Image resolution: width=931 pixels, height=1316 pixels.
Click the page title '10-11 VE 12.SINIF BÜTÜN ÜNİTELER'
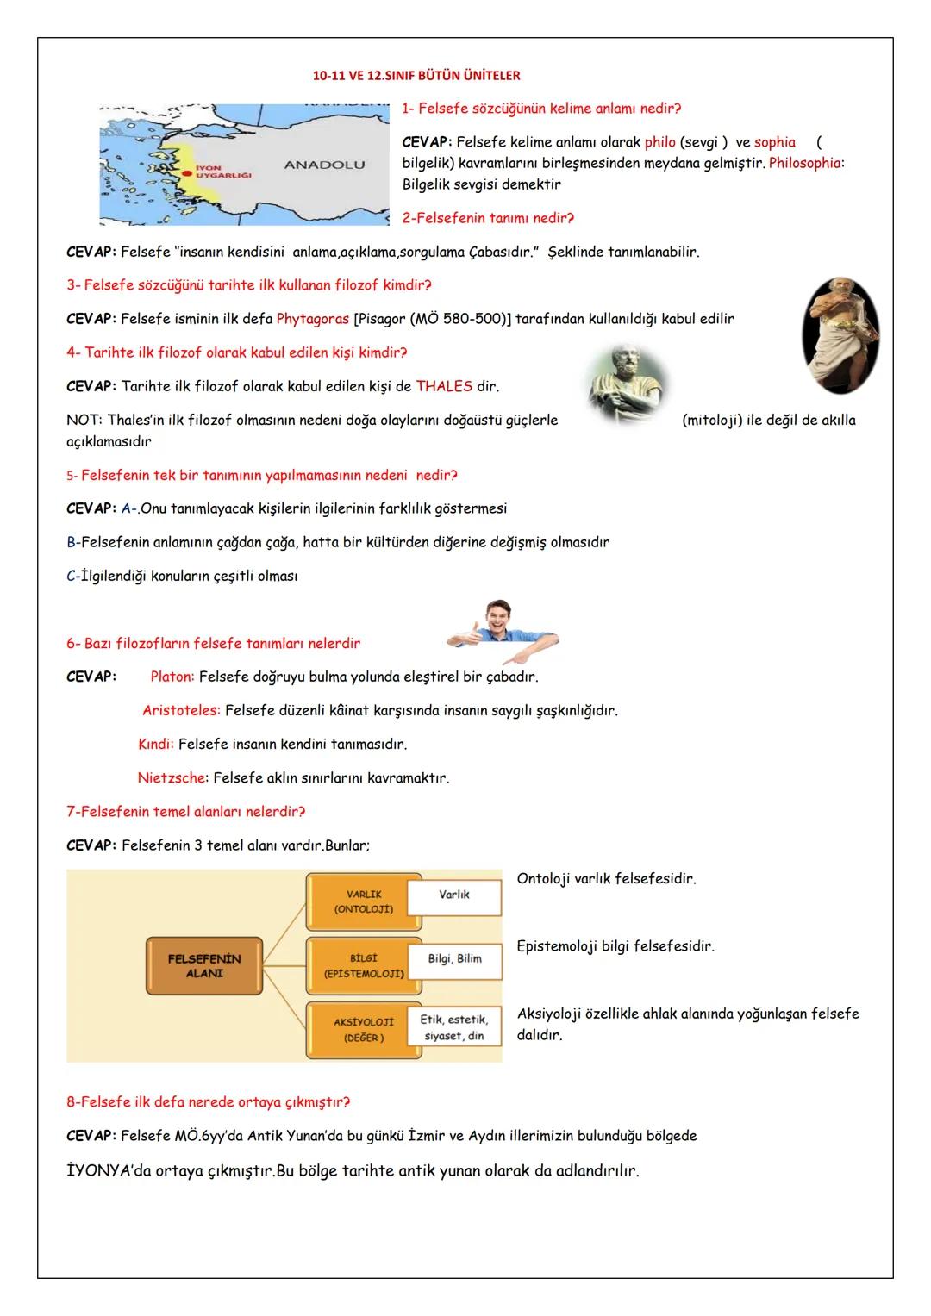pyautogui.click(x=416, y=76)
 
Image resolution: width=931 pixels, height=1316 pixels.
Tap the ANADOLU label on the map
pyautogui.click(x=324, y=165)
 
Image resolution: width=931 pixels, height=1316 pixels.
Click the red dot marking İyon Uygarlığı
pyautogui.click(x=185, y=172)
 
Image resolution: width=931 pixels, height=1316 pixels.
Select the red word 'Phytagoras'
pyautogui.click(x=312, y=319)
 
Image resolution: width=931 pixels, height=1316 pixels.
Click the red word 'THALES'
pyautogui.click(x=444, y=386)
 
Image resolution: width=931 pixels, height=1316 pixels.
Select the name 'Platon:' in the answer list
pyautogui.click(x=172, y=677)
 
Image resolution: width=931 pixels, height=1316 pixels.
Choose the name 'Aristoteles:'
pyautogui.click(x=181, y=711)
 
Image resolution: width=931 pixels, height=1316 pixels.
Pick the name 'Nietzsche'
pyautogui.click(x=172, y=778)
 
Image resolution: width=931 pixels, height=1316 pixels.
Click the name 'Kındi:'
pyautogui.click(x=156, y=744)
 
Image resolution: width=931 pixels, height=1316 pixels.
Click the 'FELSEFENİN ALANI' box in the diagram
pyautogui.click(x=204, y=966)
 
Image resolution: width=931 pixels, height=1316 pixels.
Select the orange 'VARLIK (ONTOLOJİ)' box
pyautogui.click(x=363, y=902)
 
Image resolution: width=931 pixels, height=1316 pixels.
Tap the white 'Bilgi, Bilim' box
pyautogui.click(x=454, y=959)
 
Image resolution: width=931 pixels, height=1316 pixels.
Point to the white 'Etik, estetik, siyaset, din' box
pyautogui.click(x=454, y=1028)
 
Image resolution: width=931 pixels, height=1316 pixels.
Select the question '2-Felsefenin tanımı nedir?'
pyautogui.click(x=488, y=218)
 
